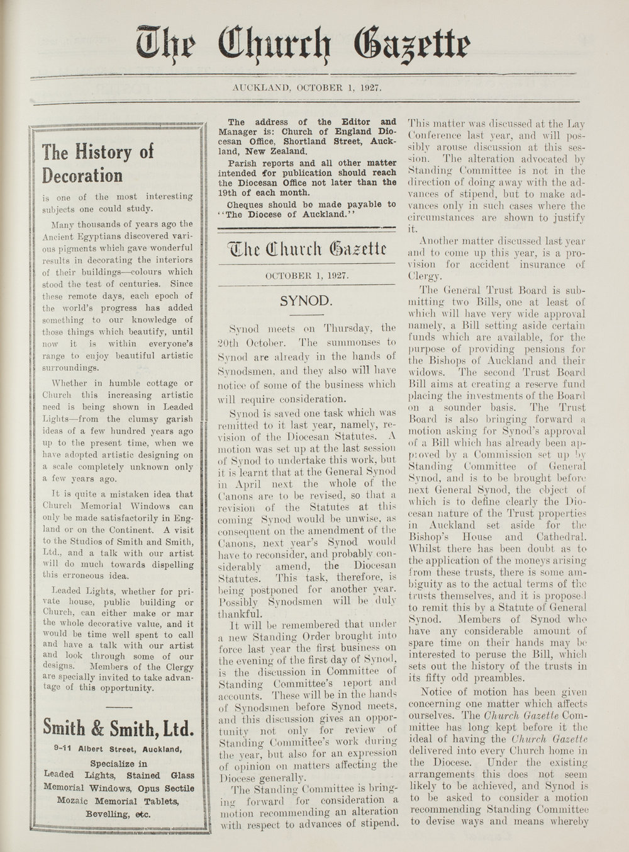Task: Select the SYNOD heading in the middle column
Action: coord(306,300)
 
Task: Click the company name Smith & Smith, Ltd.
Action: coord(117,729)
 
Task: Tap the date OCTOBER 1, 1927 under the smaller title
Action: coord(306,275)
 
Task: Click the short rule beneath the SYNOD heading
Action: coord(306,314)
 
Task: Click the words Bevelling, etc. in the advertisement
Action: coord(118,814)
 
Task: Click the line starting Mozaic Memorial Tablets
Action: coord(118,801)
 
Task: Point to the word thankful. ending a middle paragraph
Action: coord(239,614)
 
